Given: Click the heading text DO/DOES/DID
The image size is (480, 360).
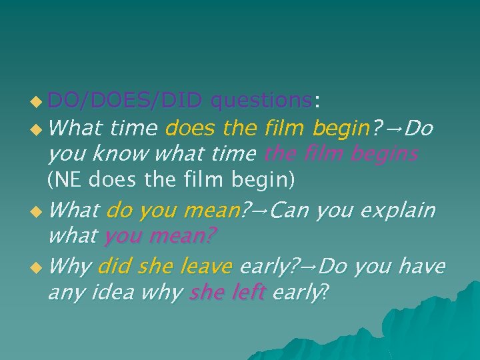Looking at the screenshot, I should [x=125, y=101].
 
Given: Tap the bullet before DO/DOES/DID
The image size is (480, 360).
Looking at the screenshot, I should [x=39, y=102].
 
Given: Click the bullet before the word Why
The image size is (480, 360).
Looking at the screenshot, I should [x=39, y=268].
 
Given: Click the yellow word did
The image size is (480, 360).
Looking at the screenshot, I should [x=114, y=267].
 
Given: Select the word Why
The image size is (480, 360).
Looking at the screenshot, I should [x=69, y=267].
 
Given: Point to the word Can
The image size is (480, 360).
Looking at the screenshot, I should [x=291, y=211].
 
